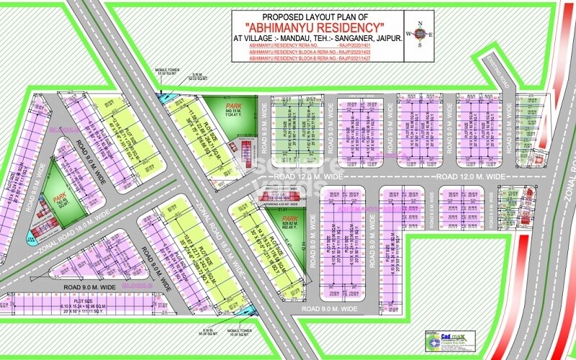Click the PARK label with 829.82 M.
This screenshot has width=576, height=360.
pos(289,218)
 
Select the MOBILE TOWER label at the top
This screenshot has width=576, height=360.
pos(167,71)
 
